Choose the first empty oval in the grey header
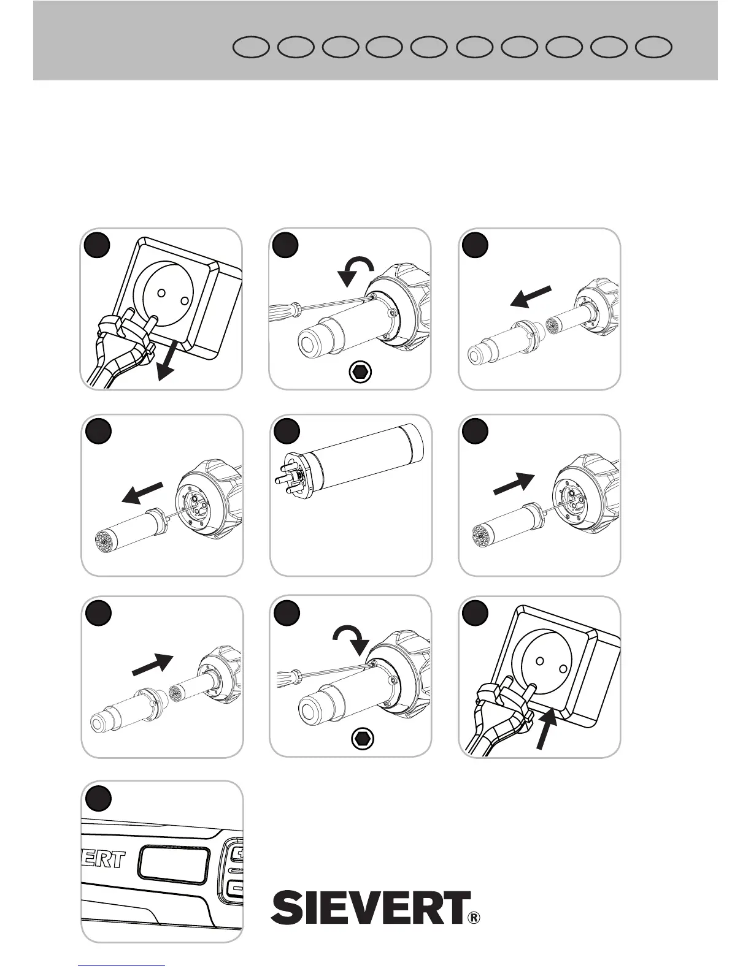pyautogui.click(x=252, y=48)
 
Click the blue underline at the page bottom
pyautogui.click(x=122, y=965)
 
